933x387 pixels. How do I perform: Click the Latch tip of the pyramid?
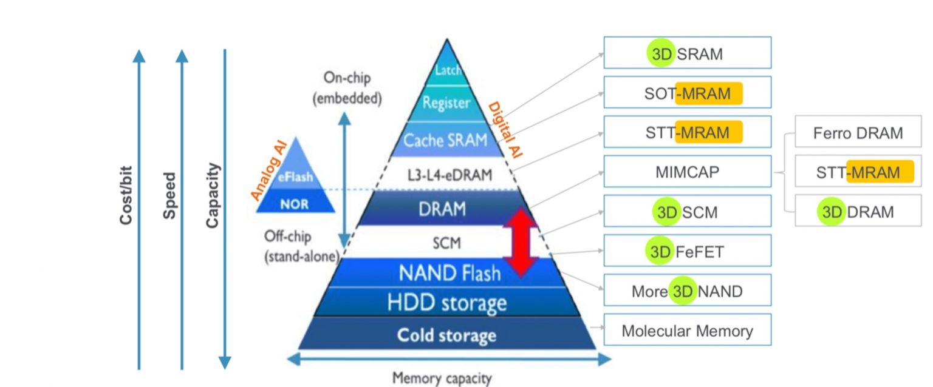pyautogui.click(x=448, y=70)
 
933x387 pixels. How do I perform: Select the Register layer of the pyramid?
pyautogui.click(x=446, y=103)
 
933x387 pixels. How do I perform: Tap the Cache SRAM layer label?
pyautogui.click(x=446, y=141)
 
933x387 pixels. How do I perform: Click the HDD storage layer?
pyautogui.click(x=447, y=302)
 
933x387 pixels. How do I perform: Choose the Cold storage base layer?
pyautogui.click(x=446, y=335)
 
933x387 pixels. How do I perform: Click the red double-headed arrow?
pyautogui.click(x=520, y=243)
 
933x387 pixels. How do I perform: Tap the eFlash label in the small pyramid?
pyautogui.click(x=296, y=178)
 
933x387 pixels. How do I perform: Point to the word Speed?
pyautogui.click(x=169, y=195)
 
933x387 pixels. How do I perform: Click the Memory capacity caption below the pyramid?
pyautogui.click(x=442, y=379)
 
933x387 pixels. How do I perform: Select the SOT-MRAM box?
pyautogui.click(x=687, y=93)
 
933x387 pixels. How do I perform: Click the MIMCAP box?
pyautogui.click(x=687, y=172)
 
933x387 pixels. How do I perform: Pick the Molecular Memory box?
pyautogui.click(x=687, y=331)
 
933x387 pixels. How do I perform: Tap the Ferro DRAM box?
pyautogui.click(x=858, y=133)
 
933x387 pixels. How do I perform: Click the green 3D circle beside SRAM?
pyautogui.click(x=661, y=54)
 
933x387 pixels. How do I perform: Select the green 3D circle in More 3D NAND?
pyautogui.click(x=683, y=291)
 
